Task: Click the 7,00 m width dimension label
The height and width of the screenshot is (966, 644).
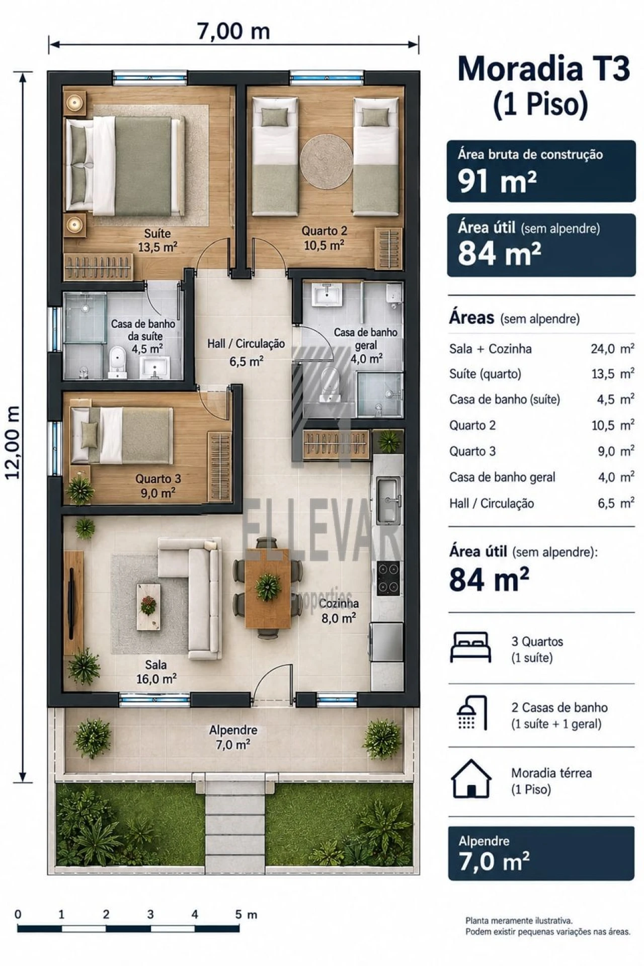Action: pyautogui.click(x=233, y=31)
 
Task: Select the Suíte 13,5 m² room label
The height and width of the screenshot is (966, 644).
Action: pyautogui.click(x=157, y=240)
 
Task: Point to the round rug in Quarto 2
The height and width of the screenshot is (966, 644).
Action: pyautogui.click(x=327, y=162)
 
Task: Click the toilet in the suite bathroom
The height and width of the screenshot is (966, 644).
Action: pyautogui.click(x=117, y=361)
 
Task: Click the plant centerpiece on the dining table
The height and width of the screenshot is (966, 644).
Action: pyautogui.click(x=267, y=586)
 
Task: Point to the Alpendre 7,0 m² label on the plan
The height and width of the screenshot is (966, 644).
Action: pyautogui.click(x=233, y=737)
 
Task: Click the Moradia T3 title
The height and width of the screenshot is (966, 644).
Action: pyautogui.click(x=543, y=69)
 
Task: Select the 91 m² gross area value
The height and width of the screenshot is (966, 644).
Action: pyautogui.click(x=497, y=181)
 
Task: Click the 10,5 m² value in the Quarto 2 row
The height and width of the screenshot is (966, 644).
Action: pyautogui.click(x=612, y=425)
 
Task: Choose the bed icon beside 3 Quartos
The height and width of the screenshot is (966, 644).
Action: pyautogui.click(x=470, y=647)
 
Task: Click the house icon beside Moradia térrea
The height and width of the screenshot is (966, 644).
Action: pyautogui.click(x=471, y=778)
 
